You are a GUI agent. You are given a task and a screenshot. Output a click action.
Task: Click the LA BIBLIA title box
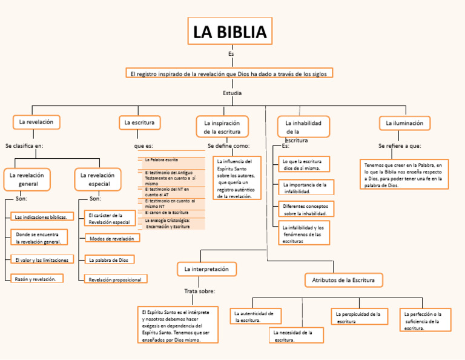click(229, 32)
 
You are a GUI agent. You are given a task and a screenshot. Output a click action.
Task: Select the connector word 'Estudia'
click(232, 93)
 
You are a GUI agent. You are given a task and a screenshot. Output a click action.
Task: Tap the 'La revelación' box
click(36, 122)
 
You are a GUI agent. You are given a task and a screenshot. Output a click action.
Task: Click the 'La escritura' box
click(139, 123)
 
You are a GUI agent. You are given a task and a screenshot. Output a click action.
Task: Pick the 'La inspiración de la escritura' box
click(222, 127)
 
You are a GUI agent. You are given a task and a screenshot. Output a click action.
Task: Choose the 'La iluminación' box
click(404, 123)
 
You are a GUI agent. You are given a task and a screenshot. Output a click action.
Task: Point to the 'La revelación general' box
click(28, 179)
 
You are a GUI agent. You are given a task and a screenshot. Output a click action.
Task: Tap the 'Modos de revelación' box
click(112, 239)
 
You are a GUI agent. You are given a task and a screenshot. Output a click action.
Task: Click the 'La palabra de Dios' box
click(109, 259)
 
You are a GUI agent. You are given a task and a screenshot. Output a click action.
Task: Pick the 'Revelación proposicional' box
click(115, 279)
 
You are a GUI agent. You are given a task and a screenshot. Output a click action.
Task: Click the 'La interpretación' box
click(206, 268)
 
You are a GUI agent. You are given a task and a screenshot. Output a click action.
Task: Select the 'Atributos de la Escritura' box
click(343, 279)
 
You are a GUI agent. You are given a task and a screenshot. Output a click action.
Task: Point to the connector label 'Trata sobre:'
click(199, 291)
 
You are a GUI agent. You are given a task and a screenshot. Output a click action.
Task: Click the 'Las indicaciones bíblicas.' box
click(42, 216)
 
